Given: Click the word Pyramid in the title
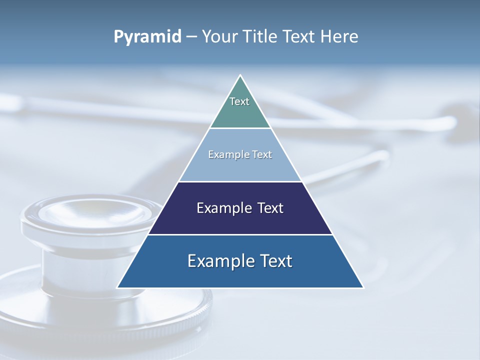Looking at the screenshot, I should click(x=147, y=37).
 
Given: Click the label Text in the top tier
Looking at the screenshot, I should click(x=239, y=101).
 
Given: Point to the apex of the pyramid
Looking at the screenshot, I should click(x=240, y=75).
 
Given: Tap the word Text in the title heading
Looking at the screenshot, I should click(x=300, y=37).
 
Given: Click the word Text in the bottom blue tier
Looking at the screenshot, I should click(x=275, y=261).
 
